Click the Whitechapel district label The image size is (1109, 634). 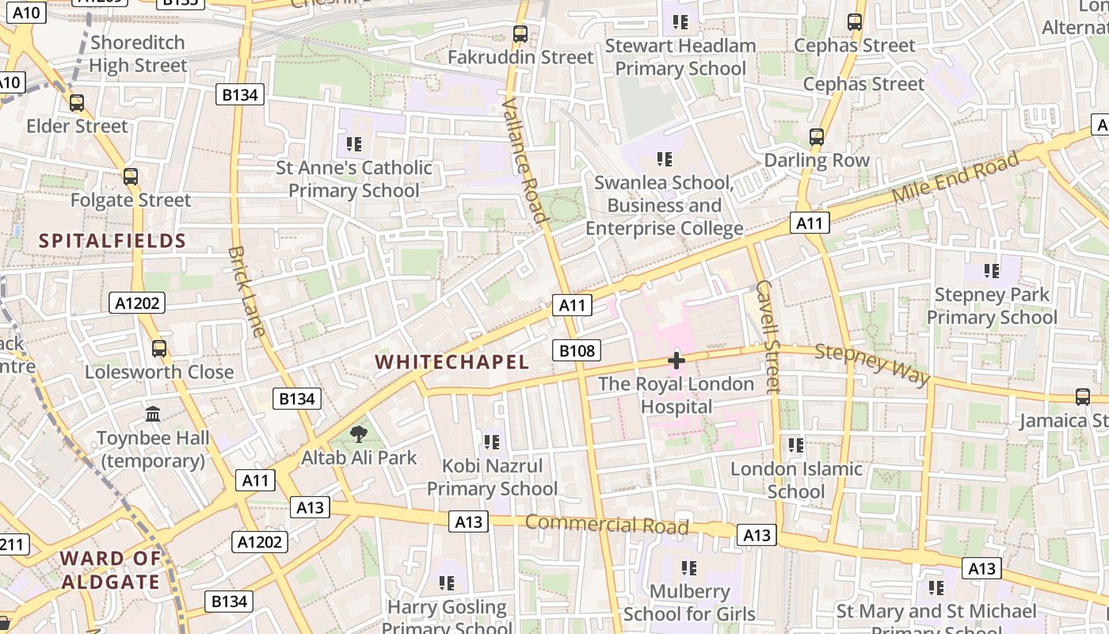pyautogui.click(x=452, y=362)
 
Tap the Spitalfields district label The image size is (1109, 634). pyautogui.click(x=112, y=241)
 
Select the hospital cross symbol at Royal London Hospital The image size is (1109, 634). pyautogui.click(x=676, y=361)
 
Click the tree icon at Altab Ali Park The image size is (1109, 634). pyautogui.click(x=359, y=433)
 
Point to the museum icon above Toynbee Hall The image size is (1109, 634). pyautogui.click(x=153, y=414)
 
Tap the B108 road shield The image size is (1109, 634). pyautogui.click(x=576, y=350)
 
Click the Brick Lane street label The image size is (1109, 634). pyautogui.click(x=246, y=292)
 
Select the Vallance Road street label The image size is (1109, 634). pyautogui.click(x=525, y=160)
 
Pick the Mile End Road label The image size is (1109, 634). pyautogui.click(x=955, y=178)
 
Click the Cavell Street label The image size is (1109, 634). pyautogui.click(x=768, y=336)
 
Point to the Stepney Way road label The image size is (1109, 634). pyautogui.click(x=872, y=364)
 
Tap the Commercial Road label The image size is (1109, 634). pyautogui.click(x=607, y=525)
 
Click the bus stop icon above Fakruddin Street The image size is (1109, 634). pyautogui.click(x=520, y=34)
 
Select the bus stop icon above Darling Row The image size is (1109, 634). pyautogui.click(x=817, y=137)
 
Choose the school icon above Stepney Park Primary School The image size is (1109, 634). pyautogui.click(x=992, y=271)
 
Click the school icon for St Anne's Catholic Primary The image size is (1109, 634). pyautogui.click(x=354, y=144)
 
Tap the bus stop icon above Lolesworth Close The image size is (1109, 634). pyautogui.click(x=159, y=348)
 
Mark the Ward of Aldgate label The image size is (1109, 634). pyautogui.click(x=111, y=570)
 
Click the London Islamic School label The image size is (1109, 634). pyautogui.click(x=796, y=480)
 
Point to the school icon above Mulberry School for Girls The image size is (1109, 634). pyautogui.click(x=689, y=567)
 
